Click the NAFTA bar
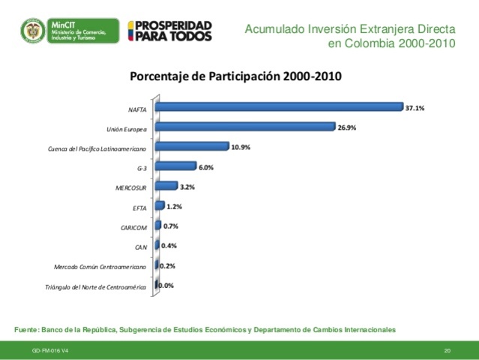pyautogui.click(x=280, y=107)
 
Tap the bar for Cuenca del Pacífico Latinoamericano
pyautogui.click(x=193, y=147)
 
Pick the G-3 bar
pyautogui.click(x=176, y=166)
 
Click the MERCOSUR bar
pyautogui.click(x=167, y=186)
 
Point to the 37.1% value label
pyautogui.click(x=415, y=108)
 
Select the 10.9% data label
pyautogui.click(x=241, y=147)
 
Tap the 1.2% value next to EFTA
pyautogui.click(x=174, y=206)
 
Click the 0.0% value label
pyautogui.click(x=166, y=285)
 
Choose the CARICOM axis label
pyautogui.click(x=133, y=227)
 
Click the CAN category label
pyautogui.click(x=139, y=247)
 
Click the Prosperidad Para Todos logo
pyautogui.click(x=170, y=31)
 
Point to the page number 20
pyautogui.click(x=448, y=351)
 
